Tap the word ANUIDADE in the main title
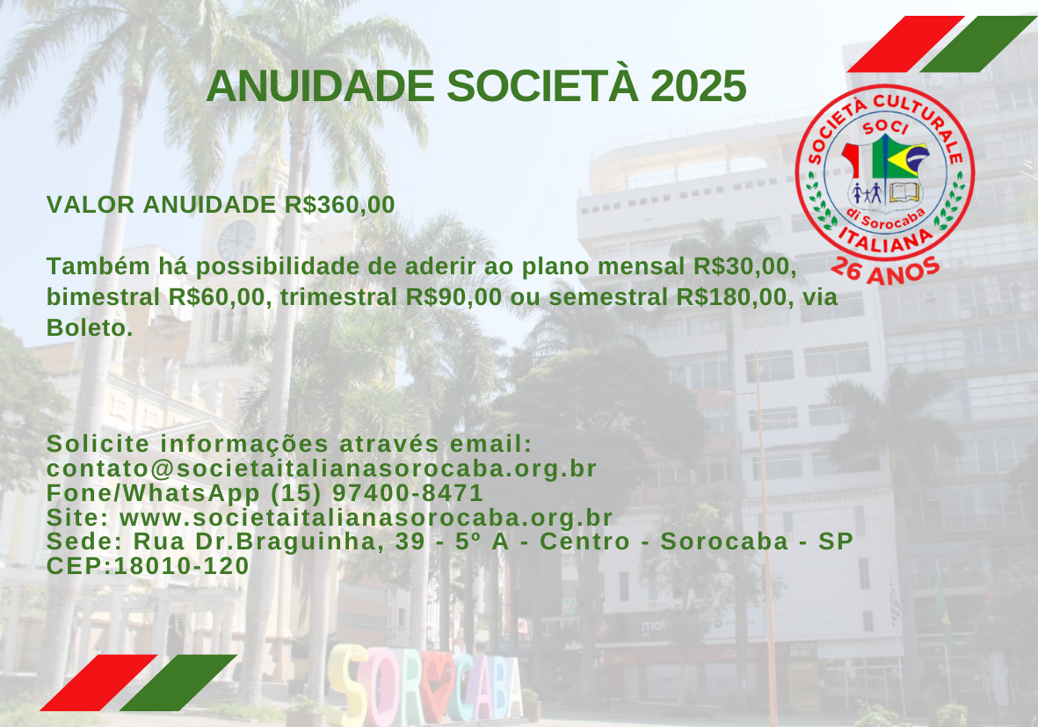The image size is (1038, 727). tap(321, 86)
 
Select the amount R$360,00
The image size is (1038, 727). tap(339, 205)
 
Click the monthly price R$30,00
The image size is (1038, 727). tap(744, 266)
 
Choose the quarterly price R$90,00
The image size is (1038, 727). tap(454, 296)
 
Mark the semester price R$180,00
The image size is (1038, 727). tap(734, 296)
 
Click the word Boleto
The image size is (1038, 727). tap(90, 327)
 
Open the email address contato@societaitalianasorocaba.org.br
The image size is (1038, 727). tap(322, 469)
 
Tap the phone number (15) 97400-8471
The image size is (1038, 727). tap(377, 492)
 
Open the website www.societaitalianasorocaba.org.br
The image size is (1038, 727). tap(367, 517)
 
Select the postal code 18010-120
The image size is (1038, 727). tap(181, 565)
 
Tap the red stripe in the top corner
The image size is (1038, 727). tap(905, 44)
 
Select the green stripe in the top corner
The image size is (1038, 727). tap(977, 44)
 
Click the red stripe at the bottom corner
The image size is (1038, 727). tap(98, 683)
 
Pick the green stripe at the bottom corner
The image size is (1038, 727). tap(178, 683)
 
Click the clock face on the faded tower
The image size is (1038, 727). tap(236, 240)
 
